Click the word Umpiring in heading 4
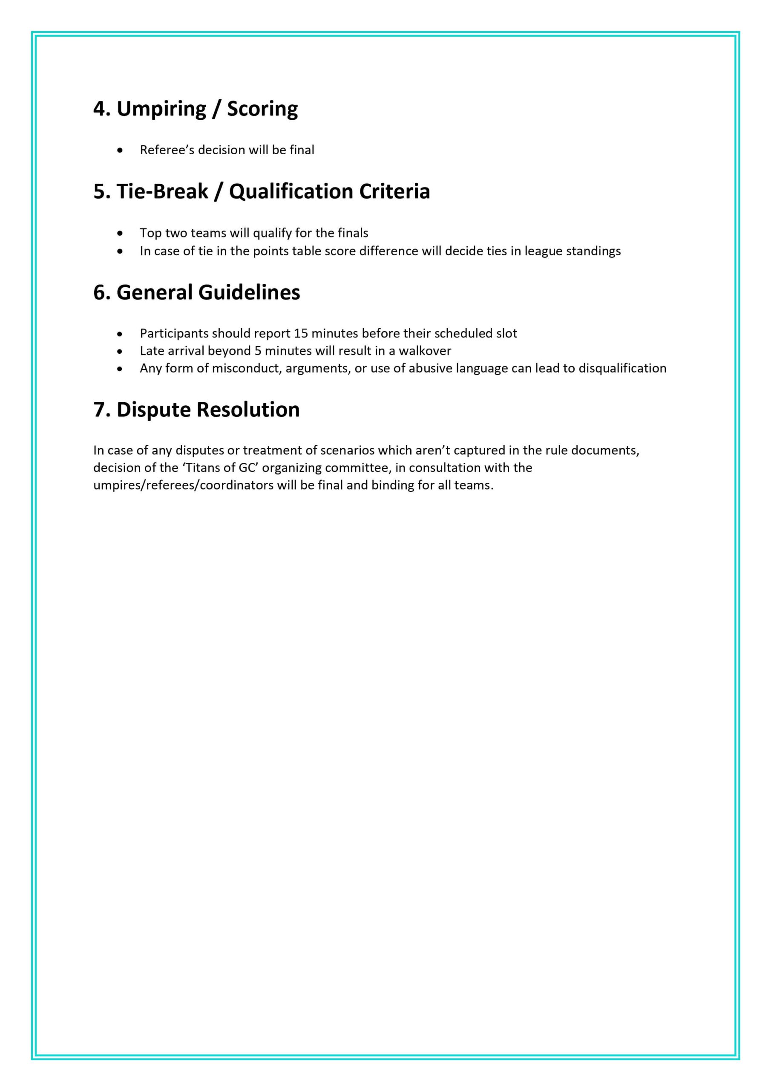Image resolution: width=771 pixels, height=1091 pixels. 161,109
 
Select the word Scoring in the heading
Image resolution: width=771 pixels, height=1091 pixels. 262,109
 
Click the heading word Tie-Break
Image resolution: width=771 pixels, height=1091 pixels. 162,191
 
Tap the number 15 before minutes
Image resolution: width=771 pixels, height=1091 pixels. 301,333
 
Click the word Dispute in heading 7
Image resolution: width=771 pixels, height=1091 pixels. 153,410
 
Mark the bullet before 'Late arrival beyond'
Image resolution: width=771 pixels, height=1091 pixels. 120,351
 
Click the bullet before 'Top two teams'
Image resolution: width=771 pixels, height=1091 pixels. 120,233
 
